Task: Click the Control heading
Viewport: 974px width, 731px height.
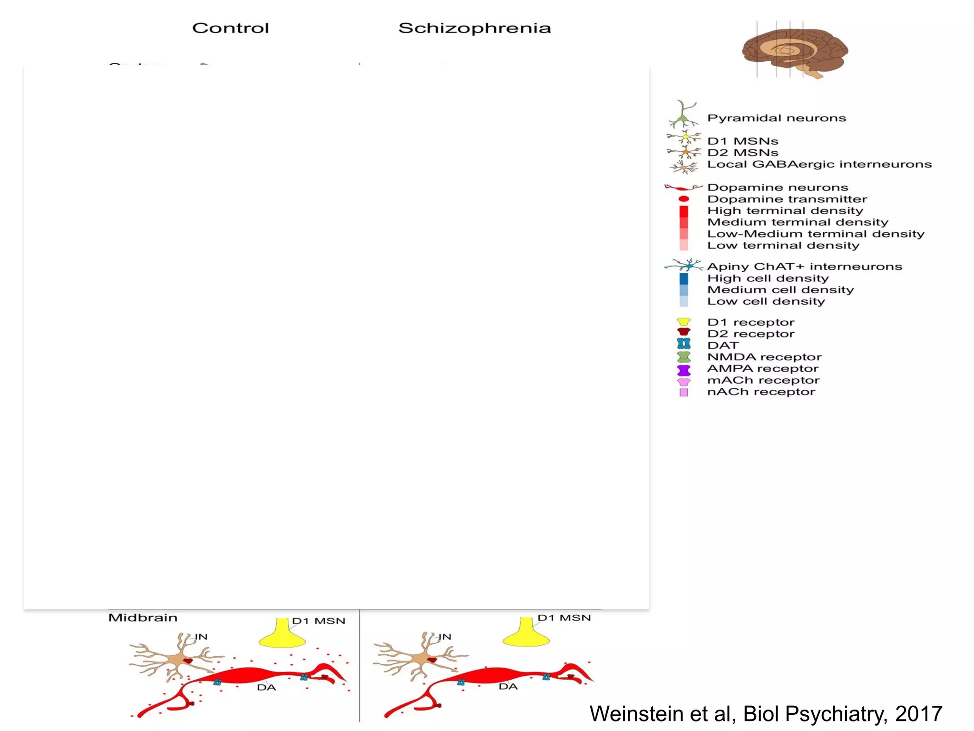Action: point(230,28)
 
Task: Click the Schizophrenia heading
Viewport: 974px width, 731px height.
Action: point(474,28)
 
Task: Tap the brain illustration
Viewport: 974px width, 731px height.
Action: point(794,50)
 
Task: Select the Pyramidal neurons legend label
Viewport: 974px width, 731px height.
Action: point(776,118)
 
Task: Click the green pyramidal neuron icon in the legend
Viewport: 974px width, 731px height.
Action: point(683,114)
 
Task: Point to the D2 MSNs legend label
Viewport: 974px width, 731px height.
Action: point(742,153)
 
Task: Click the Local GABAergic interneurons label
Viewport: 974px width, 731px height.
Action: point(819,164)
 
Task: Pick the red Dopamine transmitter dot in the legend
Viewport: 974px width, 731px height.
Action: point(683,199)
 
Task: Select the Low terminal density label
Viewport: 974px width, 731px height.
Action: point(783,246)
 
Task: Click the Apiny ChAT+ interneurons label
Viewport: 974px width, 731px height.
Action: point(804,267)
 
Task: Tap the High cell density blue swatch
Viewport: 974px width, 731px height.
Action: point(683,278)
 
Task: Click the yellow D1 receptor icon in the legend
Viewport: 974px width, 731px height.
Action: point(683,322)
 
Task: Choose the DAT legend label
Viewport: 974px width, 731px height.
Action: point(723,346)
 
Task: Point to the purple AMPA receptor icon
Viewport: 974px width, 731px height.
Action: point(683,370)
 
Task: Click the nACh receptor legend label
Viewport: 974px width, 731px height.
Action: point(761,392)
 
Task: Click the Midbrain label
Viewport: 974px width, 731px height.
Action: point(143,618)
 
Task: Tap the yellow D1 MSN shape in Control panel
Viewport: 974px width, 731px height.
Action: point(282,635)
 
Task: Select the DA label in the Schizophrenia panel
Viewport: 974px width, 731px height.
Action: point(508,686)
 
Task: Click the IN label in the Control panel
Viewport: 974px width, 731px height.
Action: point(201,637)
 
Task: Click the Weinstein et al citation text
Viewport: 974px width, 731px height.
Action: point(765,713)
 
